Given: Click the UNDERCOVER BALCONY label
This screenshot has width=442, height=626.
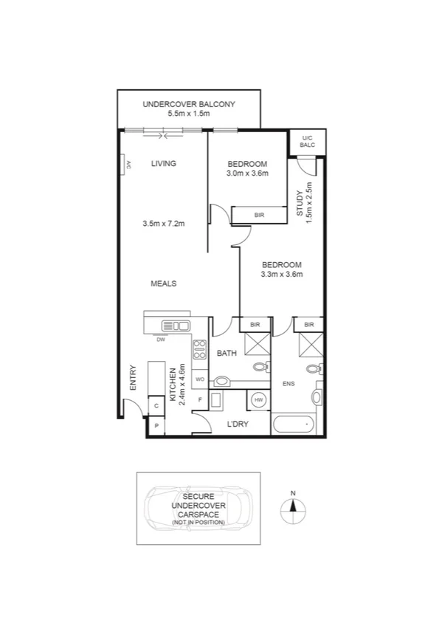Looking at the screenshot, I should (x=190, y=105).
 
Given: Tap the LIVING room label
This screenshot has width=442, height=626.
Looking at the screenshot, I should (x=163, y=164).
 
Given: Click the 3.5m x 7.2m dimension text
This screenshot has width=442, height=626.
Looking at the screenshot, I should (x=163, y=223).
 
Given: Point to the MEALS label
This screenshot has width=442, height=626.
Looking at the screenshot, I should (x=163, y=283).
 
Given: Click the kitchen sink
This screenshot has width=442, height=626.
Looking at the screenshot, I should (x=176, y=326).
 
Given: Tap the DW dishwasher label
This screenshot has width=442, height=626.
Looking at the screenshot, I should (x=160, y=340).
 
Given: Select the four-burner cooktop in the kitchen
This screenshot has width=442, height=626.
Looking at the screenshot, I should (x=199, y=349).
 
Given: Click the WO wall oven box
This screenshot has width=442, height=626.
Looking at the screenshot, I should (x=199, y=379).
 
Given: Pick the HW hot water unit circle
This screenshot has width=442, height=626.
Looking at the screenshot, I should (x=258, y=399).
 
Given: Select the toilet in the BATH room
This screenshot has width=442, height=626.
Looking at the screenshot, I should (x=260, y=367).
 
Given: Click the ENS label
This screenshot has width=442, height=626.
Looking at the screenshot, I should (x=289, y=384).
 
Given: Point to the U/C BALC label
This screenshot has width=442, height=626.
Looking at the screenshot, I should (x=307, y=141).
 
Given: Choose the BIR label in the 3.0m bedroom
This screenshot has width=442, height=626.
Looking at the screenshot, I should (x=259, y=215).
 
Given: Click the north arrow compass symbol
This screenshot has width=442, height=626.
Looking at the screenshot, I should (x=293, y=506).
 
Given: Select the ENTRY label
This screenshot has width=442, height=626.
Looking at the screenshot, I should (x=134, y=378).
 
